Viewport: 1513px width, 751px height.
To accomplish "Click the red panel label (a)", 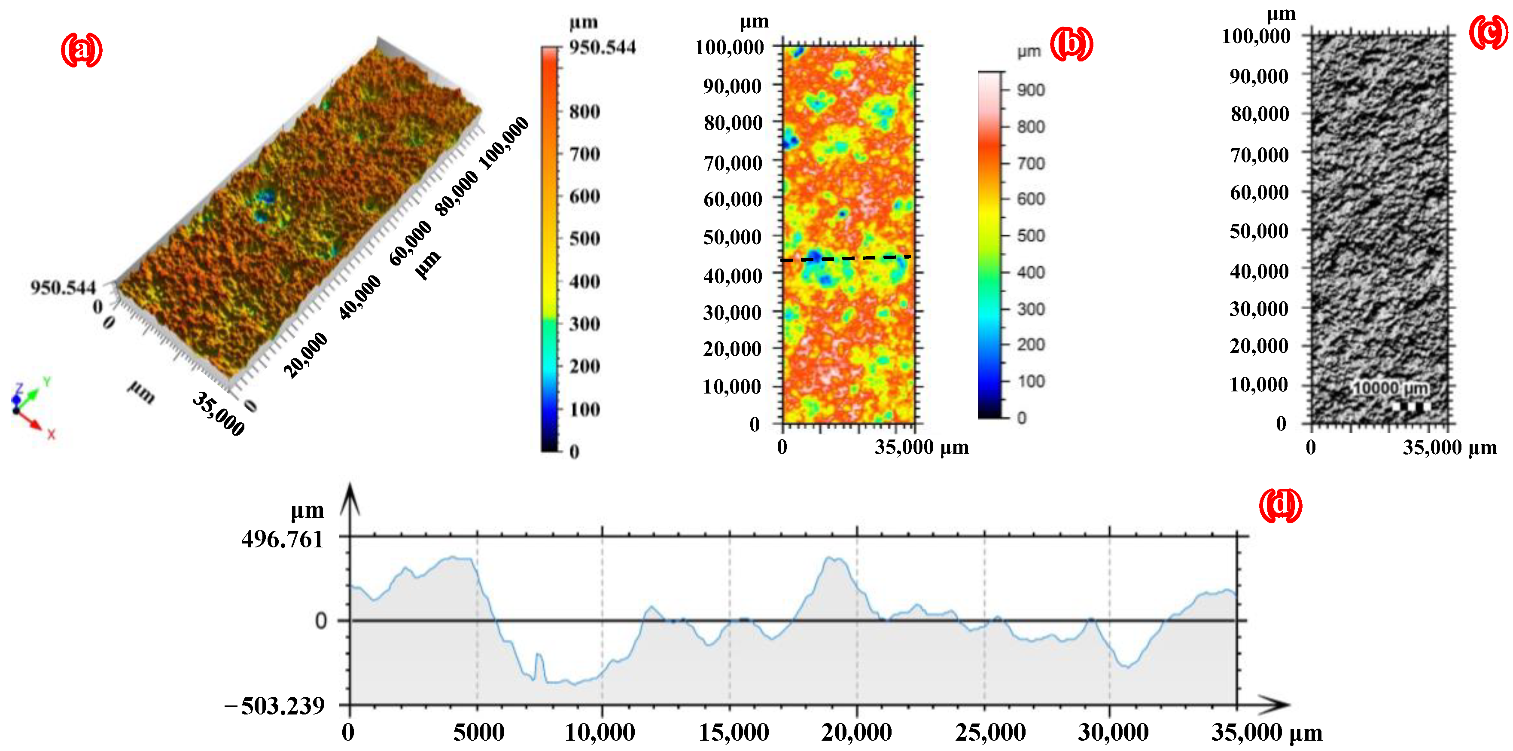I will pyautogui.click(x=82, y=50).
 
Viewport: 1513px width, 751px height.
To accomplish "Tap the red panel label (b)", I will pyautogui.click(x=1072, y=44).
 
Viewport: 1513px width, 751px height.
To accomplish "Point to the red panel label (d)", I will pyautogui.click(x=1280, y=505).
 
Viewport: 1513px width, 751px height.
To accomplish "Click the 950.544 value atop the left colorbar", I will pyautogui.click(x=602, y=47).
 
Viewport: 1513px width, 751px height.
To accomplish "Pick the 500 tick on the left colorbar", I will pyautogui.click(x=584, y=238).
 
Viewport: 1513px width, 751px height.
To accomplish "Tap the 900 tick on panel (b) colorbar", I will pyautogui.click(x=1031, y=90).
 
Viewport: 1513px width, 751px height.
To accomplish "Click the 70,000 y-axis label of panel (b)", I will pyautogui.click(x=733, y=163).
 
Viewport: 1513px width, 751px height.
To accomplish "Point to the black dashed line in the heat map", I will pyautogui.click(x=846, y=258).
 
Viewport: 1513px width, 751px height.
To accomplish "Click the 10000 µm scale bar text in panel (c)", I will pyautogui.click(x=1390, y=388).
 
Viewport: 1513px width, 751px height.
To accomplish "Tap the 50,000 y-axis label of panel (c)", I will pyautogui.click(x=1259, y=231).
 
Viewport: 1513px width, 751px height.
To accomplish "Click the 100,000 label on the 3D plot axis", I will pyautogui.click(x=504, y=143).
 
